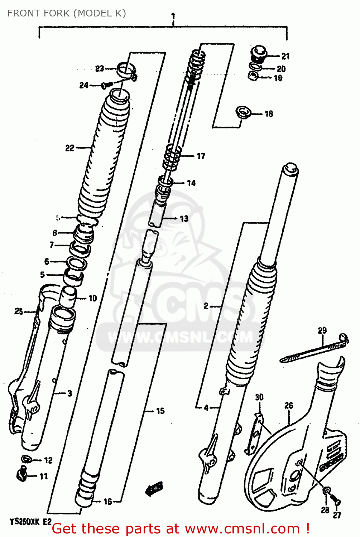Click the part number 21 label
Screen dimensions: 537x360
click(285, 56)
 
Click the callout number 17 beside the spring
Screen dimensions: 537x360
click(201, 156)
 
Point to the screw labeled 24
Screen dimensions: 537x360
click(107, 85)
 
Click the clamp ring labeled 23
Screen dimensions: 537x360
click(126, 70)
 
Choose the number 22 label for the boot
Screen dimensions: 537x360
click(69, 147)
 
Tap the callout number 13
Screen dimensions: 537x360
click(184, 218)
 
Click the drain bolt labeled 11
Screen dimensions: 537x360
click(22, 474)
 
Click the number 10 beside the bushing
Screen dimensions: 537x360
click(93, 298)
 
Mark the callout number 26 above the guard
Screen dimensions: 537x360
click(289, 405)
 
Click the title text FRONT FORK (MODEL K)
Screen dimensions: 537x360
click(67, 13)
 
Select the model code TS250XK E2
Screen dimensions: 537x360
click(30, 522)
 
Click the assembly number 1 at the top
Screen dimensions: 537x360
click(173, 16)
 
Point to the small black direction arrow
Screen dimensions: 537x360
click(154, 488)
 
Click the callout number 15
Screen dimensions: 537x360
click(160, 411)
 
